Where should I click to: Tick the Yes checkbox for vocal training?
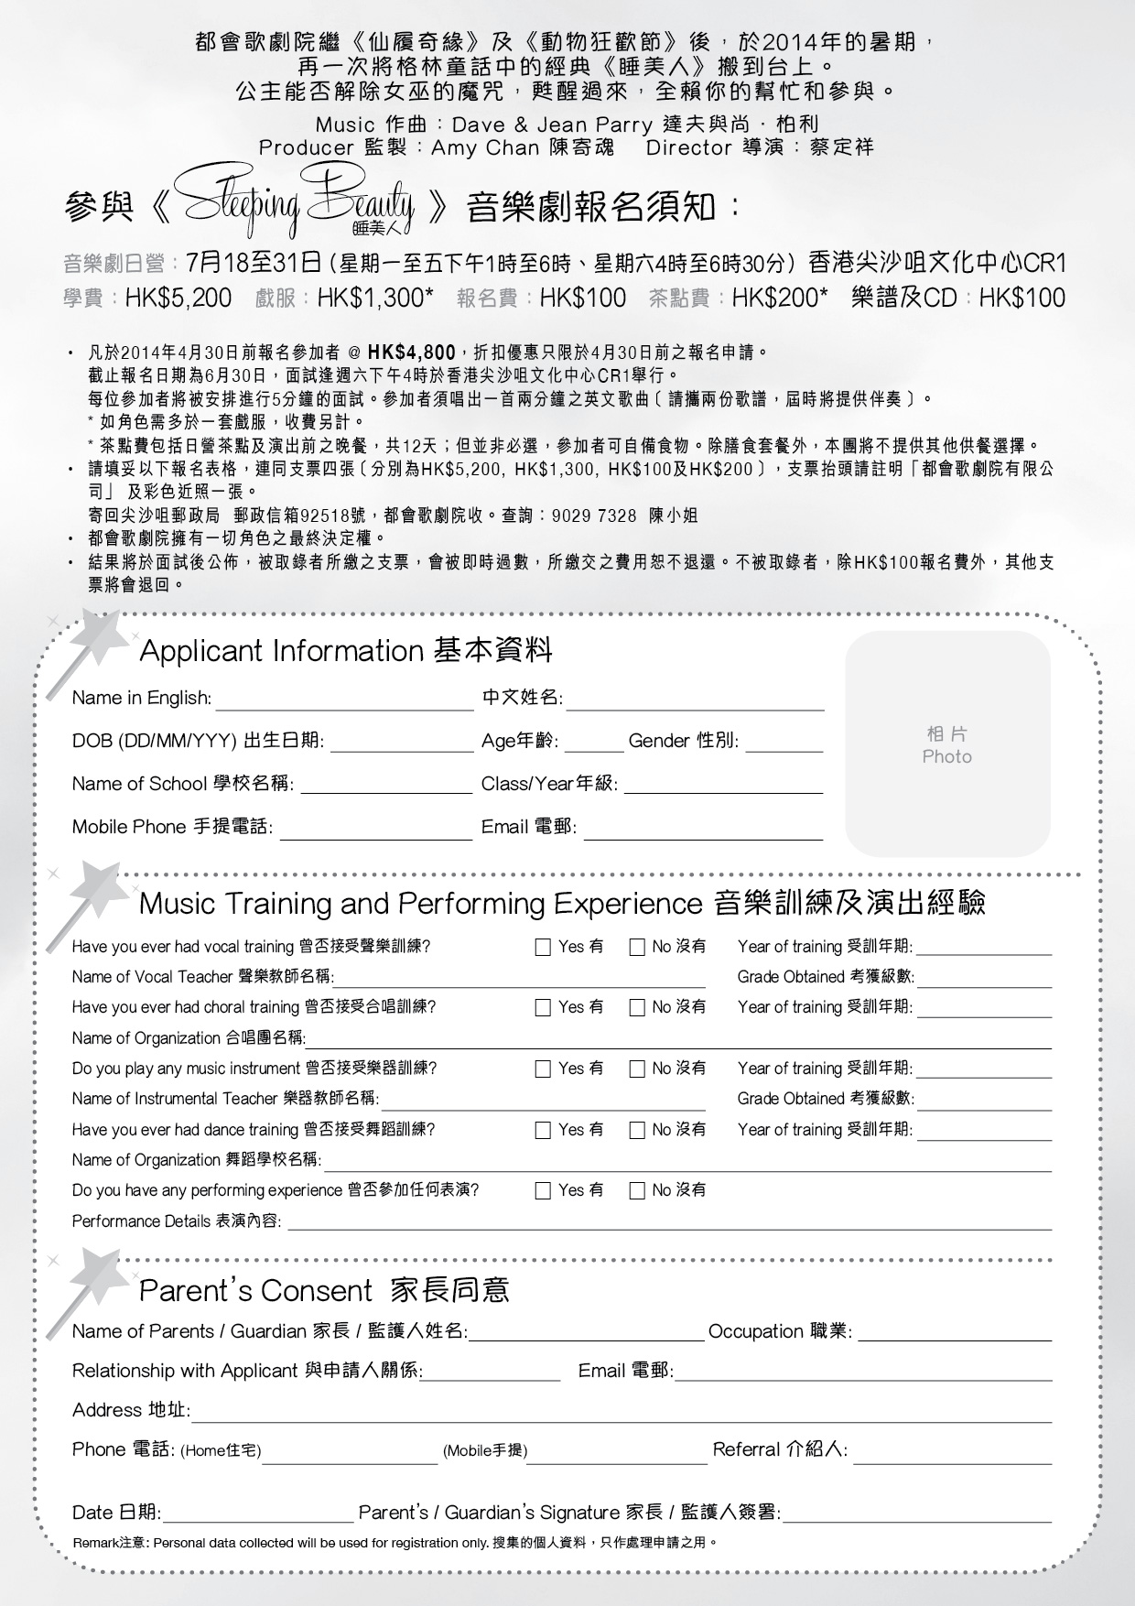coord(543,947)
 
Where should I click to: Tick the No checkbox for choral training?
coord(637,1008)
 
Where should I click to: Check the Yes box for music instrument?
coord(543,1069)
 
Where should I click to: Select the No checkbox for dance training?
coord(637,1130)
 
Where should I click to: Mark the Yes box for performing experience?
coord(543,1191)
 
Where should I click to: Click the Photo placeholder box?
coord(947,744)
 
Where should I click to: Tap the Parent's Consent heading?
coord(324,1290)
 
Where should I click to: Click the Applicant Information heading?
coord(346,651)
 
